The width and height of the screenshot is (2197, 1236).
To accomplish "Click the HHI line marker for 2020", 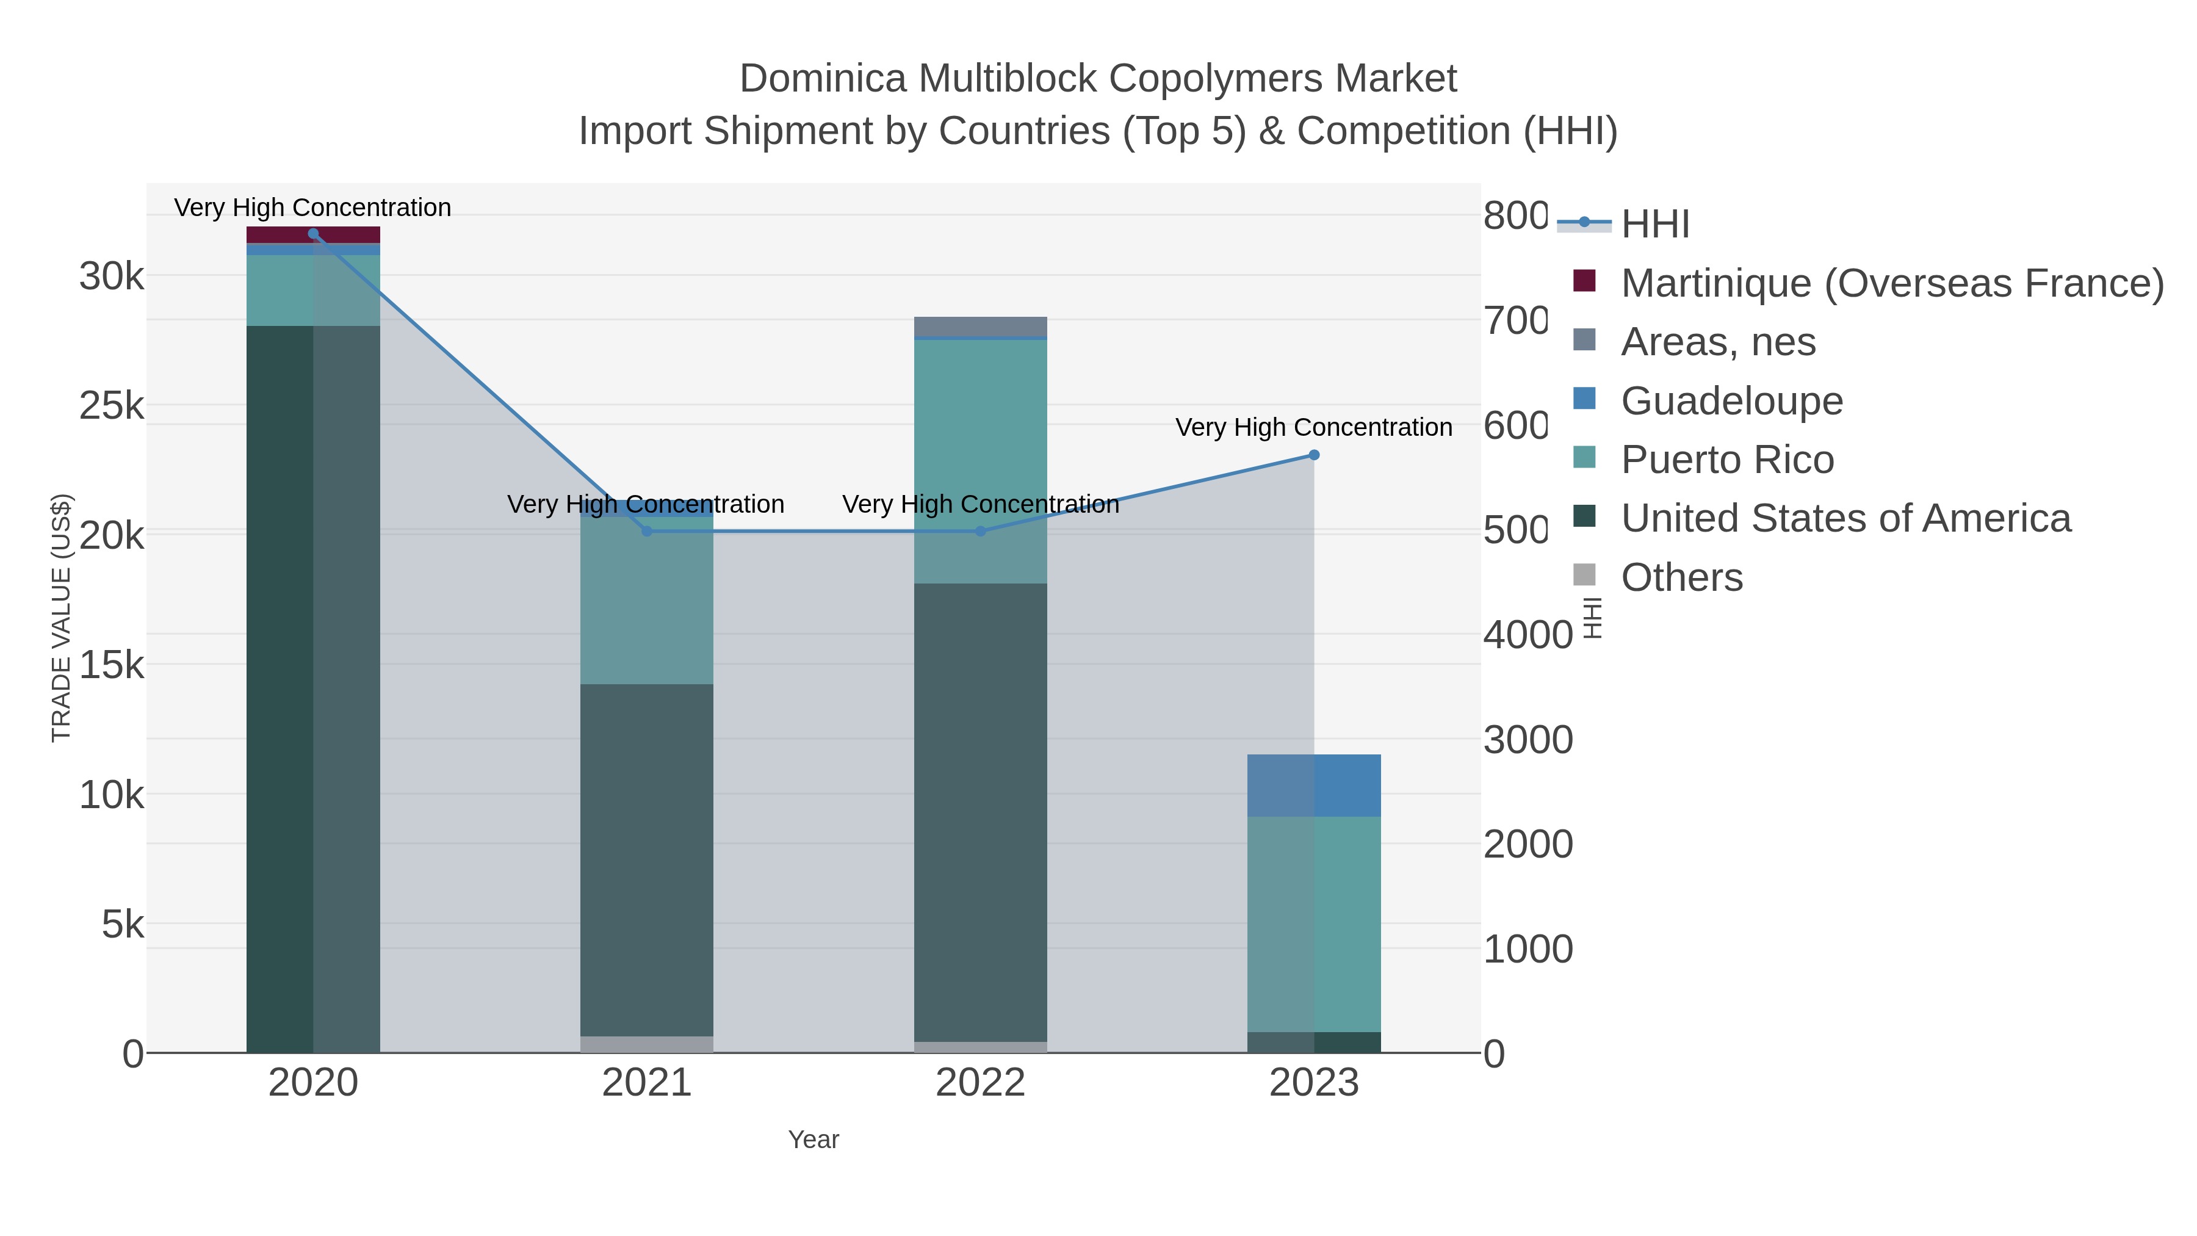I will [313, 234].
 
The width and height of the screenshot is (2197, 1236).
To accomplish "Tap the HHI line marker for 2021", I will [646, 532].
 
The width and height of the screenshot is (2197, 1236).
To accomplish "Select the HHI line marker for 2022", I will [980, 532].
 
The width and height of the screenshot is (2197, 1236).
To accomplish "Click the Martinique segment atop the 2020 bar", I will [313, 234].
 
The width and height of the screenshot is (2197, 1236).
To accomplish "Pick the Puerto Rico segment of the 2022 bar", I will [980, 461].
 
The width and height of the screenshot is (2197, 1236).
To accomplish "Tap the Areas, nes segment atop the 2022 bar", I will [980, 327].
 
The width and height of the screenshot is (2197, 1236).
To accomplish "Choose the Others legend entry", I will [1681, 577].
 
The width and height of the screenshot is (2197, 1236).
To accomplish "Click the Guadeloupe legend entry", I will [1731, 401].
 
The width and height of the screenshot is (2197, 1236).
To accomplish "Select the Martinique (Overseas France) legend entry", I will [1892, 283].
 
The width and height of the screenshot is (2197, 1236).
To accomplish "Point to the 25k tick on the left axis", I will [112, 407].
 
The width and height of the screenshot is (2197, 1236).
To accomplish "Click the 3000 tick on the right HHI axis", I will [1528, 740].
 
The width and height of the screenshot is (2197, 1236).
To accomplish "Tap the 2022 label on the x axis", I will [980, 1083].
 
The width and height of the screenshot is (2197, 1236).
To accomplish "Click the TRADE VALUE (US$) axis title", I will [62, 618].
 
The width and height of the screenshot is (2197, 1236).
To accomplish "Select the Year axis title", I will [813, 1140].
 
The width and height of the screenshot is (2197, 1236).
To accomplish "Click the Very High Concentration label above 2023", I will [1313, 427].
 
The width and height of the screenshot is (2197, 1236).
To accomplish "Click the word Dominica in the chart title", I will [823, 79].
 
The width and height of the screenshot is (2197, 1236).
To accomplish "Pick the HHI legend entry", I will [1654, 225].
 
